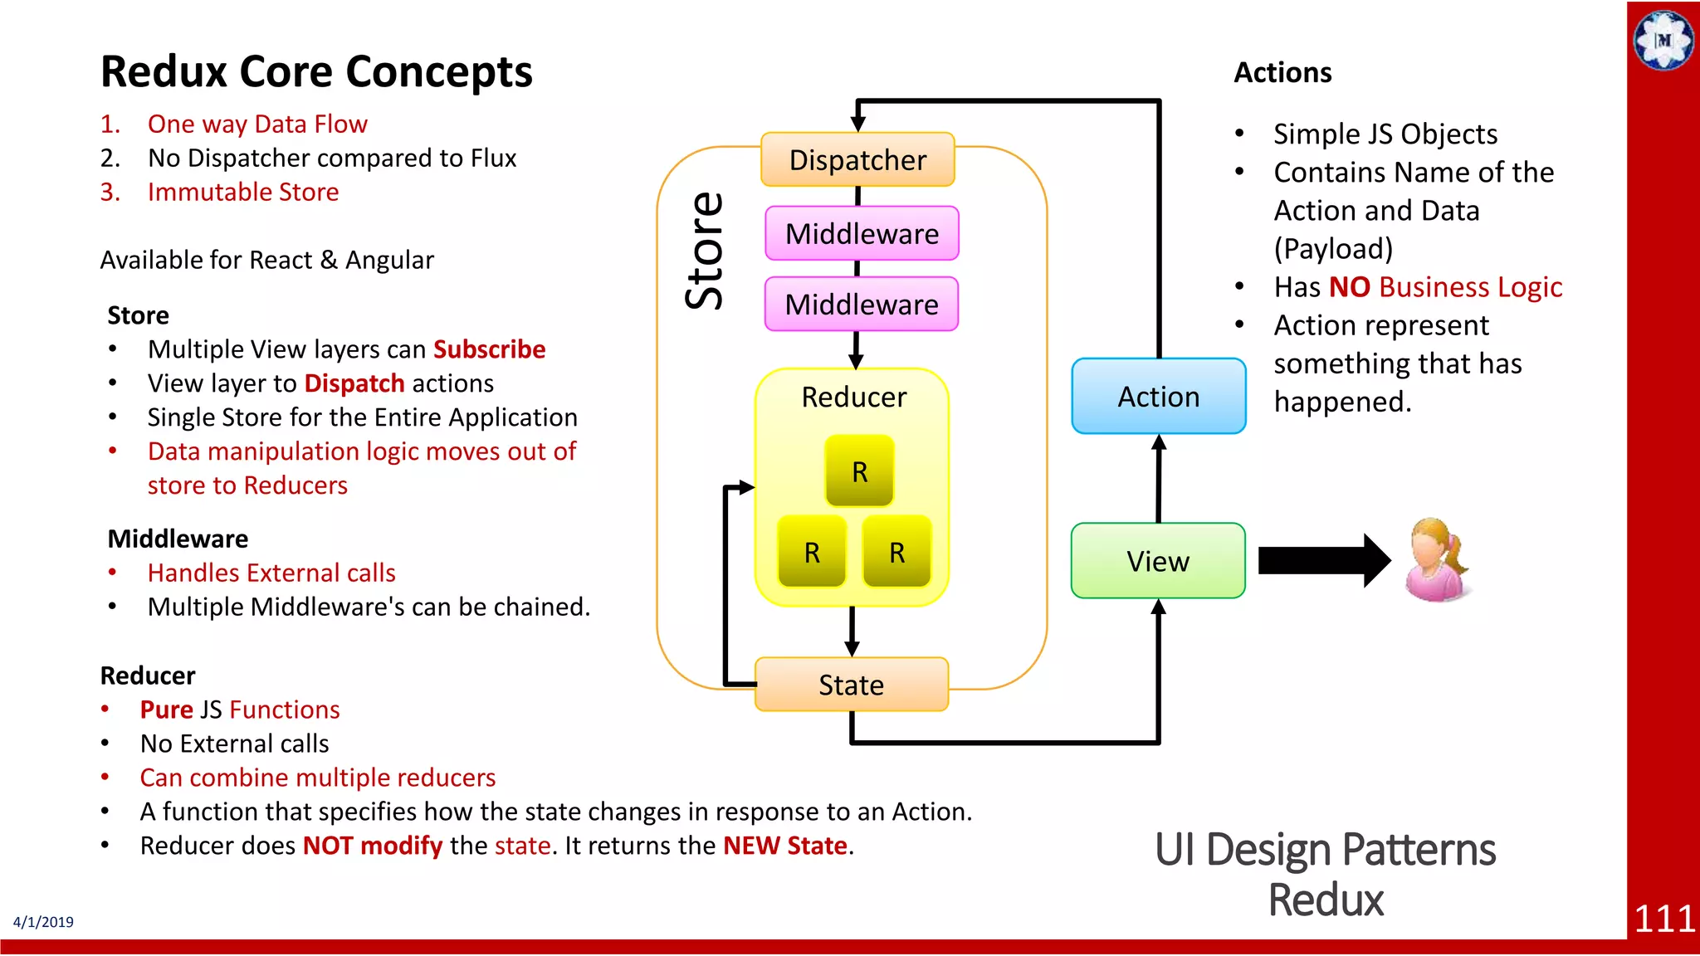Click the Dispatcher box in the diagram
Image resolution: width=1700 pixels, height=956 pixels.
pos(857,159)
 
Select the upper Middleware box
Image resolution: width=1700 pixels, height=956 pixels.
pos(862,233)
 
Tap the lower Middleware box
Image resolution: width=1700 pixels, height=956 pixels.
pos(862,304)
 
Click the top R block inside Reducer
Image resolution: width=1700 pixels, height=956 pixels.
pos(859,471)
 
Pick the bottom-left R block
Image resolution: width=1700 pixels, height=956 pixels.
pos(812,552)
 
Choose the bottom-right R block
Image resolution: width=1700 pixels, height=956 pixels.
pos(896,552)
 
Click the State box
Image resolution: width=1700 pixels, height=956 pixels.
pos(851,685)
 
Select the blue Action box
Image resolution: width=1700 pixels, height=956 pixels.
pos(1158,396)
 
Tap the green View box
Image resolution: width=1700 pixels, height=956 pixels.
pos(1158,561)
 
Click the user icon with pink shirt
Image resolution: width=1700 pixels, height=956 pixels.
pos(1437,560)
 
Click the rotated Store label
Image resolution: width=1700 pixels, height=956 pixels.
pos(705,251)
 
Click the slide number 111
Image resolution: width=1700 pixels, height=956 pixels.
pos(1663,919)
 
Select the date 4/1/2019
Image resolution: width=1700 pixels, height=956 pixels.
pos(43,922)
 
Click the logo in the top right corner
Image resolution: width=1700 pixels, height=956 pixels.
pos(1663,40)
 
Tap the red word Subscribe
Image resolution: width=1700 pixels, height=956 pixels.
pos(489,349)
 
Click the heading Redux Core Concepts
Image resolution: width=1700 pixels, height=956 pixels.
pos(316,71)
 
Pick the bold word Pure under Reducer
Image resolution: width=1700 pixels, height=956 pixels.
pos(166,710)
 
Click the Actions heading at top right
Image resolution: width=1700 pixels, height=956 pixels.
pos(1282,73)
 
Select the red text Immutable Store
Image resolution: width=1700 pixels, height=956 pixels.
pos(242,193)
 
